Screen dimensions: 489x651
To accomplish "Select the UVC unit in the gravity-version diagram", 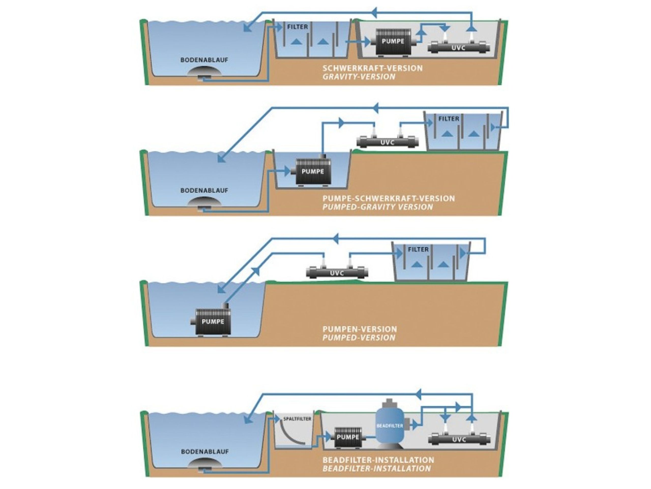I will (459, 47).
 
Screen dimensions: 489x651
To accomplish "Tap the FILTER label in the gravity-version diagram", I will (297, 27).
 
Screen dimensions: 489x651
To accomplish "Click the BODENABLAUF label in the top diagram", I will (204, 60).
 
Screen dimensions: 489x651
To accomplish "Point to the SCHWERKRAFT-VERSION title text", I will (372, 68).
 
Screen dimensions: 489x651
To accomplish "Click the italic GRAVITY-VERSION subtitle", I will (359, 77).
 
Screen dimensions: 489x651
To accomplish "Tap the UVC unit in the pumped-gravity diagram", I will (387, 142).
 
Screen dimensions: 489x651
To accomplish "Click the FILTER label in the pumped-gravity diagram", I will (449, 119).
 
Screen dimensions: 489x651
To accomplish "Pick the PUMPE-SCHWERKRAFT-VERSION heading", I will (389, 198).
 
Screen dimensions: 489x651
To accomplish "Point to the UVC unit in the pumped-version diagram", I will (337, 273).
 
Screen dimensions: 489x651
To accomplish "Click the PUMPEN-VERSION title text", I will (360, 329).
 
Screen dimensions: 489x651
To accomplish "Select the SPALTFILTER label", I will (297, 419).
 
